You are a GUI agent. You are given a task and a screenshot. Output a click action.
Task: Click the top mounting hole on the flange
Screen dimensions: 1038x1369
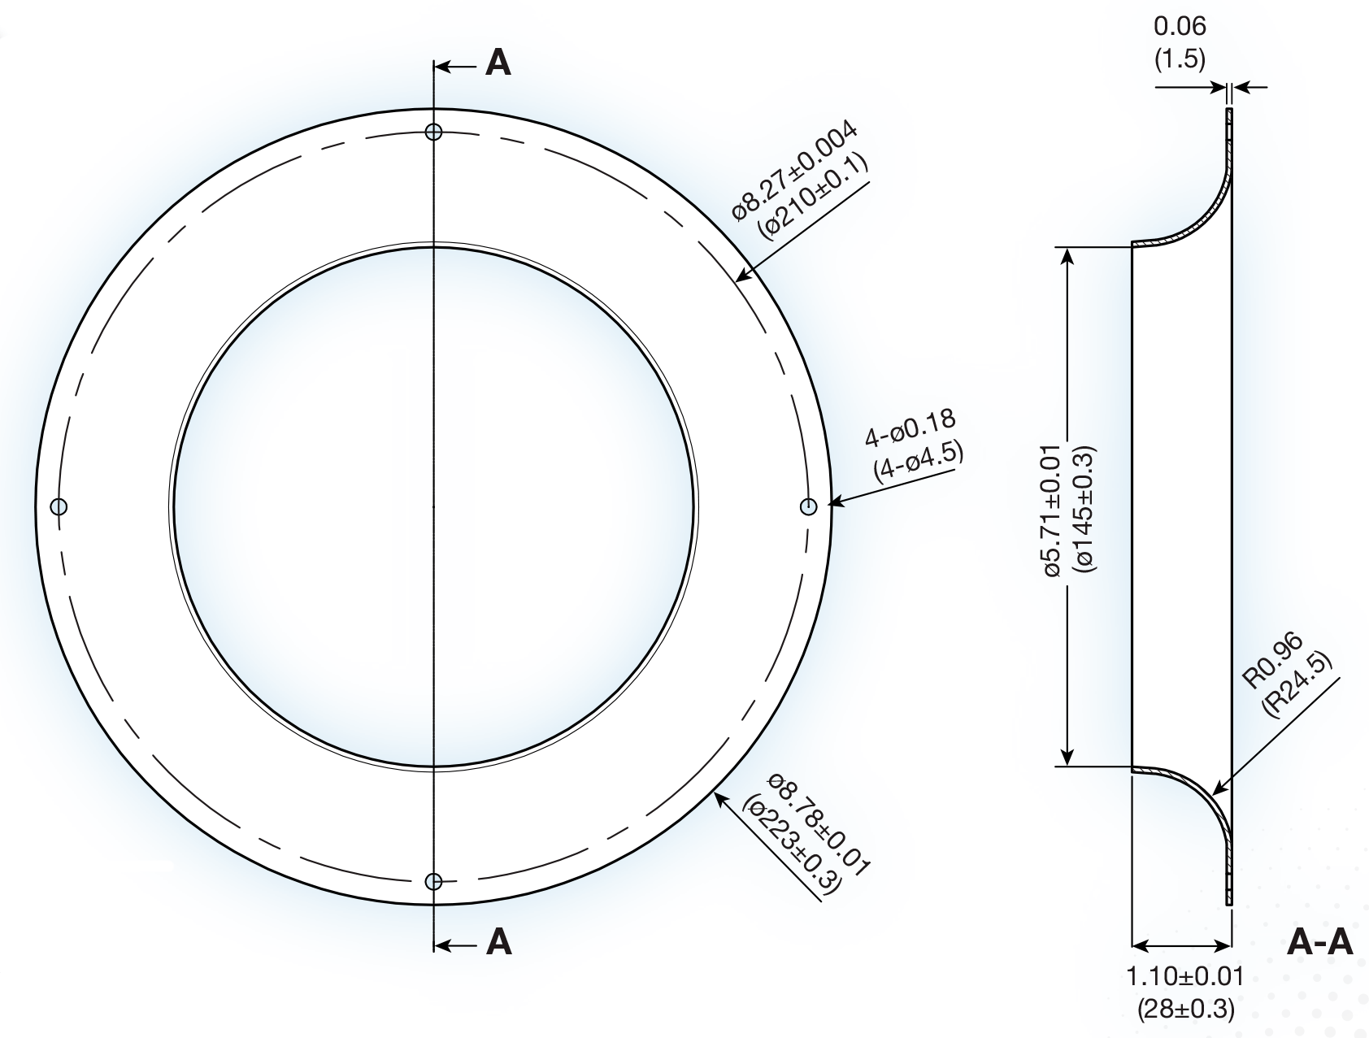click(x=434, y=132)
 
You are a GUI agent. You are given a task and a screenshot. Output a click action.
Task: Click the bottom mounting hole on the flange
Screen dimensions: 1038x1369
click(x=434, y=881)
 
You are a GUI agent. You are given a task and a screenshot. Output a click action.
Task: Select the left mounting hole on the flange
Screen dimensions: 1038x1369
click(x=59, y=506)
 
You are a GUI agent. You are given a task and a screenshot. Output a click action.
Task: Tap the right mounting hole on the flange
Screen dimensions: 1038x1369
click(x=809, y=506)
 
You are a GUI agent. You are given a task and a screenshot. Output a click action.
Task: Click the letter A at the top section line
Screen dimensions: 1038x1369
click(x=498, y=63)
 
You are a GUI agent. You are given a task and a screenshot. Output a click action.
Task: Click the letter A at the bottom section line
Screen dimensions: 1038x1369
click(x=498, y=942)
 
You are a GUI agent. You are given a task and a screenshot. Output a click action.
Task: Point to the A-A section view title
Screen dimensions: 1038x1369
click(x=1321, y=942)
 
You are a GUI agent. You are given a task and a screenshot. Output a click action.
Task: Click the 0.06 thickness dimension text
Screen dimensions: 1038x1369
click(x=1180, y=26)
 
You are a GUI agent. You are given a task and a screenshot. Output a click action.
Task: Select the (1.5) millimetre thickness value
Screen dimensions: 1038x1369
click(x=1180, y=59)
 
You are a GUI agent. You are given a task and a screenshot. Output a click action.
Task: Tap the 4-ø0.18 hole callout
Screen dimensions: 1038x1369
click(x=910, y=431)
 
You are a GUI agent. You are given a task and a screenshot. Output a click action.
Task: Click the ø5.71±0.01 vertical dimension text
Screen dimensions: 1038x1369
click(x=1052, y=510)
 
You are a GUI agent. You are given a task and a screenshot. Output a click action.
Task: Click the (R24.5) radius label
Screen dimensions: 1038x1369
click(x=1298, y=684)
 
